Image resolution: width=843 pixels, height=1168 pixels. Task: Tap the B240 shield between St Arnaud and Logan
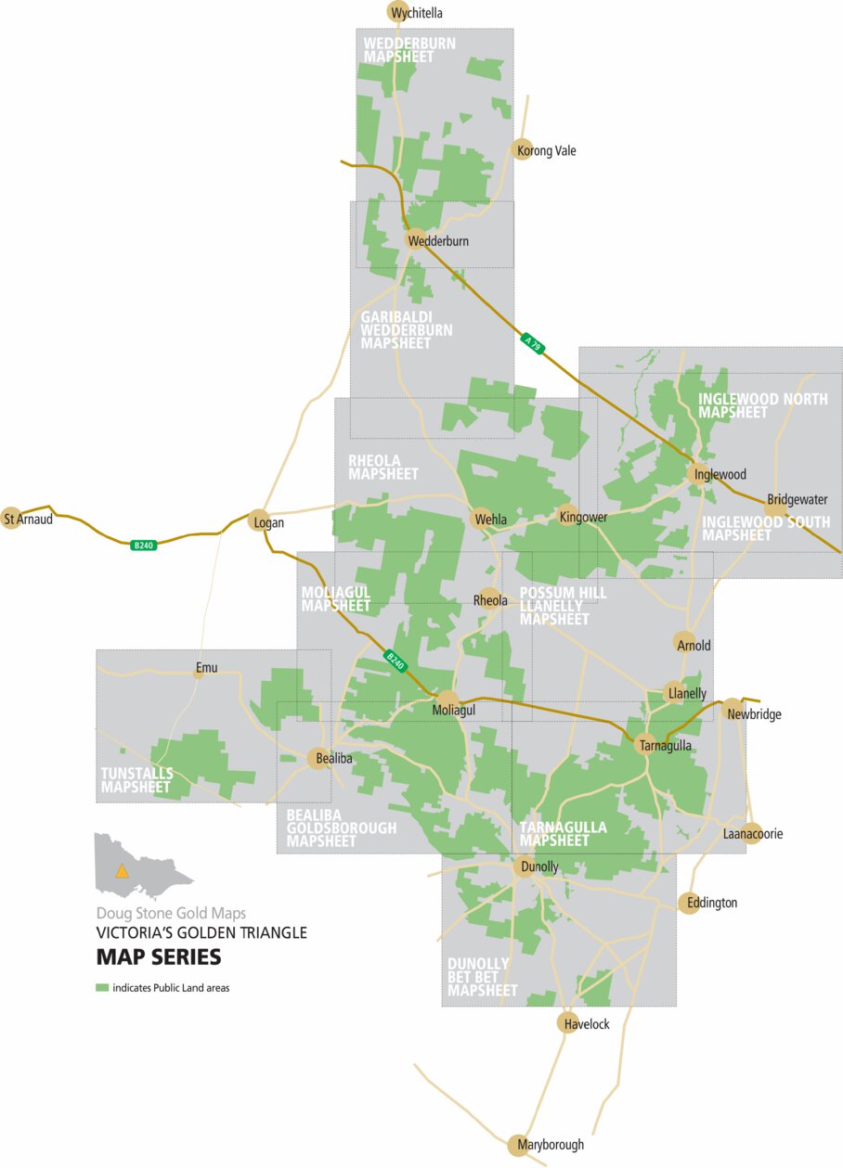144,545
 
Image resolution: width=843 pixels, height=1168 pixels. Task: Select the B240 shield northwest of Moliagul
396,661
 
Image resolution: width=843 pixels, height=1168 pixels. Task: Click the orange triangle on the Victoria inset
121,871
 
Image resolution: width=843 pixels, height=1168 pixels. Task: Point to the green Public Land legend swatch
102,988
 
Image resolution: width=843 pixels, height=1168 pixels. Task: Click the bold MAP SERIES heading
159,956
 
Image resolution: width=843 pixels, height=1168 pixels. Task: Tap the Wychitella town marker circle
397,11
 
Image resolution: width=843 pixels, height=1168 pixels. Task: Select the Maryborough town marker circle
518,1144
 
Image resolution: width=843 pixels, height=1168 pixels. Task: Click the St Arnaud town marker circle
11,519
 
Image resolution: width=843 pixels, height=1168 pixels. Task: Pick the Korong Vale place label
552,151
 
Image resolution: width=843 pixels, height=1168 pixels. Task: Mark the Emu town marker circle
199,673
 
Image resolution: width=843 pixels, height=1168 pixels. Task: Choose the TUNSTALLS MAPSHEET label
136,780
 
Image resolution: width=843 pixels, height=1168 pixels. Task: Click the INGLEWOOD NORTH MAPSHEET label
750,405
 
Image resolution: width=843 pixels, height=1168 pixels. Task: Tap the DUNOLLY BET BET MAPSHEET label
483,977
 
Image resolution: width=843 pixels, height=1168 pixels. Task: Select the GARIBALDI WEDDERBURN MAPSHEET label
407,330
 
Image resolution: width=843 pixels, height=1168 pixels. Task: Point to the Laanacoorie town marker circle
752,833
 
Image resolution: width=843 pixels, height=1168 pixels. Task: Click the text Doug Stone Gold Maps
171,913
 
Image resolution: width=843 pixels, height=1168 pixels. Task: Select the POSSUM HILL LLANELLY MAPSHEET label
563,606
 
